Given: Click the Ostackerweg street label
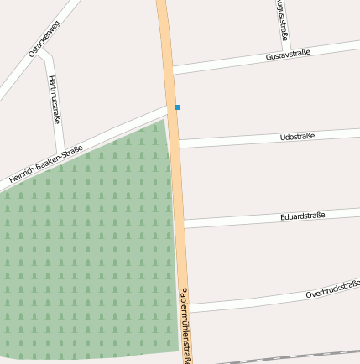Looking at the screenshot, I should (x=44, y=39).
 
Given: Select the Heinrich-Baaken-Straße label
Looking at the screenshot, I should (x=45, y=164).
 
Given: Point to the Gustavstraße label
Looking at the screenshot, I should (x=287, y=55).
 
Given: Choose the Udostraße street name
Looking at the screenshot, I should (x=296, y=136).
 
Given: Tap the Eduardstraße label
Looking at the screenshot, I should (x=302, y=216).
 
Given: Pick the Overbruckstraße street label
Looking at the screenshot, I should (x=332, y=289).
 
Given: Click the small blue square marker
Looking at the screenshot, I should (x=178, y=107).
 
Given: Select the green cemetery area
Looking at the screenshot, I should (x=84, y=252).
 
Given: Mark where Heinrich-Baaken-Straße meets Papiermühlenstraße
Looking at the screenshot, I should (x=171, y=107).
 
